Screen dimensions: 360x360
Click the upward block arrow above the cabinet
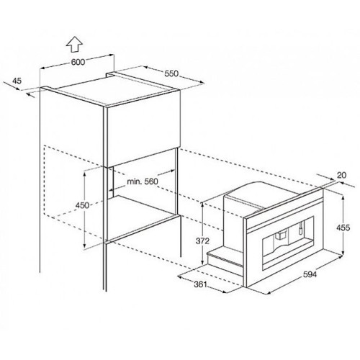[75, 44]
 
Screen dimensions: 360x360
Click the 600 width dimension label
[78, 62]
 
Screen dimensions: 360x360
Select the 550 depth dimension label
[171, 73]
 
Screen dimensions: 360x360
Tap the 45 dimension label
[17, 81]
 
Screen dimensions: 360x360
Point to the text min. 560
[143, 181]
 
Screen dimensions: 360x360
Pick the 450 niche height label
[82, 205]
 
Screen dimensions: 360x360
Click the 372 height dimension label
[203, 240]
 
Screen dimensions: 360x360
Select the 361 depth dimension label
[200, 284]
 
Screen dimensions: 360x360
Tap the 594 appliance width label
[310, 274]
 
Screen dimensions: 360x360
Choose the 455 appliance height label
[343, 228]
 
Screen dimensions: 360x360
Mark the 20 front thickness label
[342, 175]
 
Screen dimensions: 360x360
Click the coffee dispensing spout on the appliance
[280, 235]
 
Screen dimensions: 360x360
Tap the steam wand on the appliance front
[300, 228]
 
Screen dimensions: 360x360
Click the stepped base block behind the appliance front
[225, 258]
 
